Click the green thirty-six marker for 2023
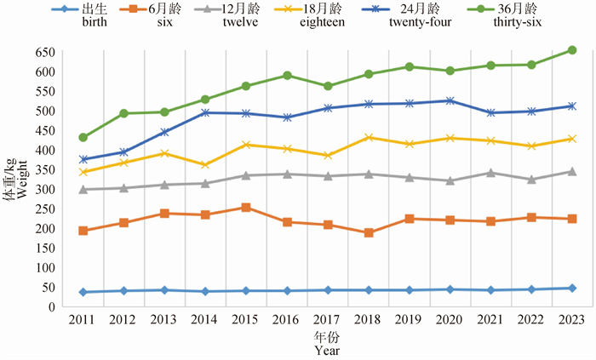pos(572,50)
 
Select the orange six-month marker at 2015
pos(245,207)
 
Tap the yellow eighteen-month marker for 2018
pos(368,137)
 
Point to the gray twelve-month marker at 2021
pos(490,173)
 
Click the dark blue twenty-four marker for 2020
pos(450,100)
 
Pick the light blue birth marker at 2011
pos(83,292)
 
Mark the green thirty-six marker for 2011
pos(83,137)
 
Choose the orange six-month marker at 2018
pos(368,232)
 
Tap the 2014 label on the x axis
pos(204,320)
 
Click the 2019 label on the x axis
pos(409,320)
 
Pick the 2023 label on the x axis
pos(572,320)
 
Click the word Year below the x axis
pos(327,350)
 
